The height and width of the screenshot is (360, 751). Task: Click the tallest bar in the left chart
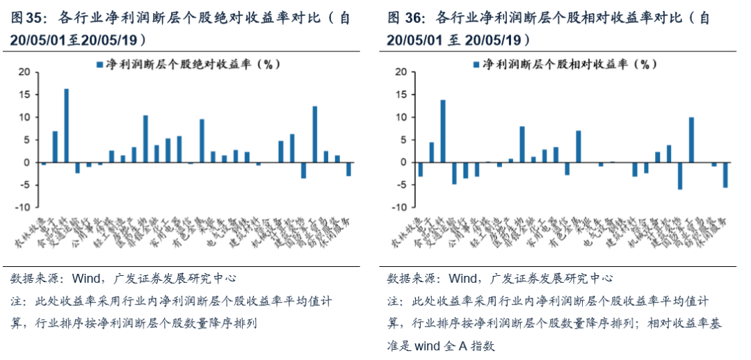66,126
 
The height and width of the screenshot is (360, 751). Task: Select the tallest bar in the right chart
443,131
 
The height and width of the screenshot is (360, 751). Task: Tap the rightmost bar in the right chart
725,175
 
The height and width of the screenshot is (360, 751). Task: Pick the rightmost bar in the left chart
348,169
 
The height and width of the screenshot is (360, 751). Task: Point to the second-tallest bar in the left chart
315,134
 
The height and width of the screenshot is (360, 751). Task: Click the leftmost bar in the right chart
420,170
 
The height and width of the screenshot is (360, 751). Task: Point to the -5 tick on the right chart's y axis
401,186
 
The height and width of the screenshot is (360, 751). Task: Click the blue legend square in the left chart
100,64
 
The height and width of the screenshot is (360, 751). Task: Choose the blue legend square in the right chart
476,64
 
